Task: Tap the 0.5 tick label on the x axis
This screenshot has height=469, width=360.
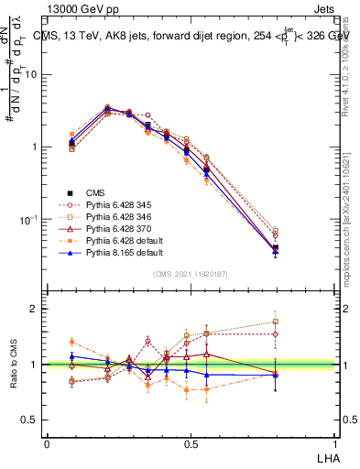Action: pyautogui.click(x=190, y=444)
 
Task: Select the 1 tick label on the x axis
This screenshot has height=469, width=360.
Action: pyautogui.click(x=333, y=444)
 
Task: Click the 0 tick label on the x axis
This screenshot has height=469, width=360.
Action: pyautogui.click(x=47, y=444)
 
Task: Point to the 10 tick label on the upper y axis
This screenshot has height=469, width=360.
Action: pyautogui.click(x=30, y=75)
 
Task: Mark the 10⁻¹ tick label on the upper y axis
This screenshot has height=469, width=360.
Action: pyautogui.click(x=28, y=220)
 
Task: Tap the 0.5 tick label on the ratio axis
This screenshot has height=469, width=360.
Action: pyautogui.click(x=30, y=420)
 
